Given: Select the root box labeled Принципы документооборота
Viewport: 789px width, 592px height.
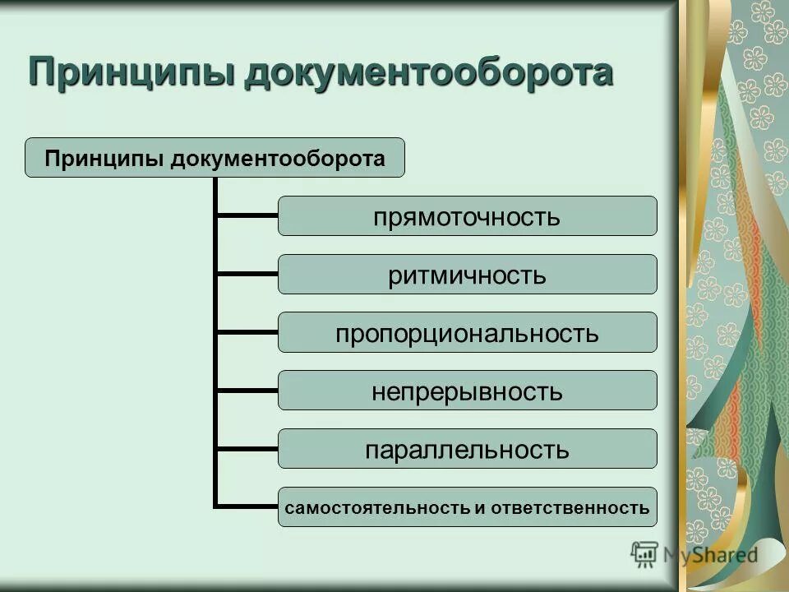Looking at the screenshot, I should [x=215, y=157].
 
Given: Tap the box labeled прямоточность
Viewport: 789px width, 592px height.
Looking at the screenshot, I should [x=467, y=216].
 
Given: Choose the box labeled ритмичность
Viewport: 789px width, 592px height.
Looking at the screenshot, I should [x=467, y=275].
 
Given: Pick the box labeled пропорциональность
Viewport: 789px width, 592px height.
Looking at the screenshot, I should [x=467, y=333].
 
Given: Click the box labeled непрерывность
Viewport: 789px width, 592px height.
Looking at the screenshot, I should [x=467, y=391].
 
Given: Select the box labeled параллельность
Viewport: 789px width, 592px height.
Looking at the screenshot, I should [x=467, y=449].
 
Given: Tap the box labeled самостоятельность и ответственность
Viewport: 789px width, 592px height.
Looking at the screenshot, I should [x=467, y=507].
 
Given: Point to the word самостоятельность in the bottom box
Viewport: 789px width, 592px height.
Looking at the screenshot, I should [x=376, y=507].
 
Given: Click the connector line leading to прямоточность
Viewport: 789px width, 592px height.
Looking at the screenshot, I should [x=247, y=216].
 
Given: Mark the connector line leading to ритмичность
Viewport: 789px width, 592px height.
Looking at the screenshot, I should [x=247, y=274].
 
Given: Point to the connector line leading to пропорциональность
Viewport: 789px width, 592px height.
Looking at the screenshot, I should [x=247, y=332].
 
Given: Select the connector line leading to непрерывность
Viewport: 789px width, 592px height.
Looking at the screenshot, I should [x=247, y=390].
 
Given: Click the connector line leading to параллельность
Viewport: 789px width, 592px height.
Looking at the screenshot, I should [x=247, y=448].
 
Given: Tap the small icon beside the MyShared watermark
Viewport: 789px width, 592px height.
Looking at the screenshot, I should [x=644, y=553].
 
